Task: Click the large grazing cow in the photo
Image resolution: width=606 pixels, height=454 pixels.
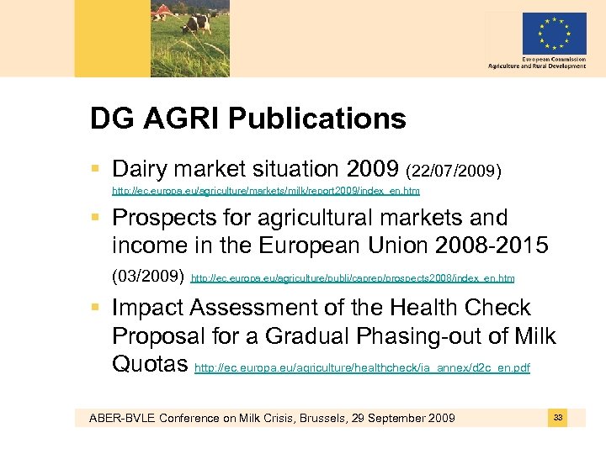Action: pyautogui.click(x=197, y=20)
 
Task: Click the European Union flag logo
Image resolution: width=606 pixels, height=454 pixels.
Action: pyautogui.click(x=554, y=34)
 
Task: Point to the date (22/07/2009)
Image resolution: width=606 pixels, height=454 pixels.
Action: pyautogui.click(x=454, y=172)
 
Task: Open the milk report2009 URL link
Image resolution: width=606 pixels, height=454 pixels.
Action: pyautogui.click(x=266, y=192)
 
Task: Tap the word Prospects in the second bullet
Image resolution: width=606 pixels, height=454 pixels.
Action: pyautogui.click(x=167, y=218)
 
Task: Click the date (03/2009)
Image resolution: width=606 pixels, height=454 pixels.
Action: pyautogui.click(x=148, y=276)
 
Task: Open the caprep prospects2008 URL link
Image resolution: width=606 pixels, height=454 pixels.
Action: pyautogui.click(x=353, y=277)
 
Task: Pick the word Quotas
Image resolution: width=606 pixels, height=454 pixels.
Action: pyautogui.click(x=150, y=365)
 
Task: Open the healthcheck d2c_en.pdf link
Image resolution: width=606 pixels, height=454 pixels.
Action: pyautogui.click(x=362, y=368)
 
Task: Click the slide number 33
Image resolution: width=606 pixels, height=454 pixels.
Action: pyautogui.click(x=558, y=417)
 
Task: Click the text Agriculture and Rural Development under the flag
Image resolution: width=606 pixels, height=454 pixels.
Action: pyautogui.click(x=537, y=66)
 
